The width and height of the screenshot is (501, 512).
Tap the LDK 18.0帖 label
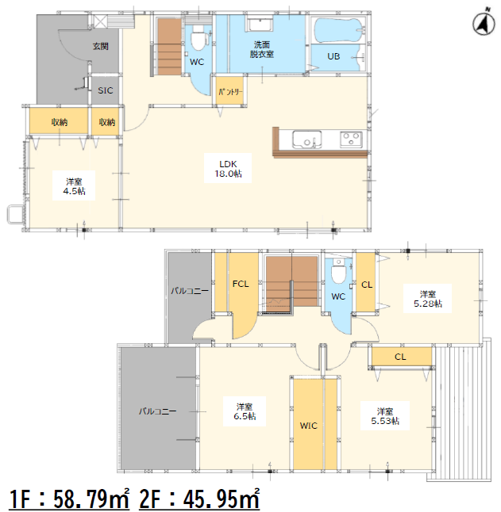click(x=228, y=169)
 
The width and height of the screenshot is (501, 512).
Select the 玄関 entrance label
click(x=100, y=47)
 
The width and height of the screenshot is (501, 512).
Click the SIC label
click(x=106, y=90)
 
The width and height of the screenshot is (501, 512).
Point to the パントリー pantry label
click(x=230, y=92)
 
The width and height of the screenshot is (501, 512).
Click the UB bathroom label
click(x=333, y=56)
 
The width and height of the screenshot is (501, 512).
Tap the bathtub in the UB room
click(x=338, y=30)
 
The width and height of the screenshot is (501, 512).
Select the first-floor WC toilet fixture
click(x=198, y=38)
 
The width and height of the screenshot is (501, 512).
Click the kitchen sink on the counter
click(x=306, y=139)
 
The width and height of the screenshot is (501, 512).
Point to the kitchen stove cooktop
click(x=351, y=139)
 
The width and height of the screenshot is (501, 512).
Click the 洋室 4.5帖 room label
click(x=74, y=186)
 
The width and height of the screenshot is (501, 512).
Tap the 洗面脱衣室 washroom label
click(x=262, y=49)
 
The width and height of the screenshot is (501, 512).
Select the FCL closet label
click(x=241, y=284)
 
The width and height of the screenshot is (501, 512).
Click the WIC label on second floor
click(x=308, y=426)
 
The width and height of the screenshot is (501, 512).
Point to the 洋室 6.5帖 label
click(x=245, y=411)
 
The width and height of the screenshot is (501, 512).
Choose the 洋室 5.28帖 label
click(x=428, y=299)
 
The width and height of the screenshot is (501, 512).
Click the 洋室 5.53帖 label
click(x=385, y=416)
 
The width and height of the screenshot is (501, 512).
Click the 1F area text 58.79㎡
click(x=69, y=499)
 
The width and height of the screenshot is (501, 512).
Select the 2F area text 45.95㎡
click(x=199, y=499)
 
